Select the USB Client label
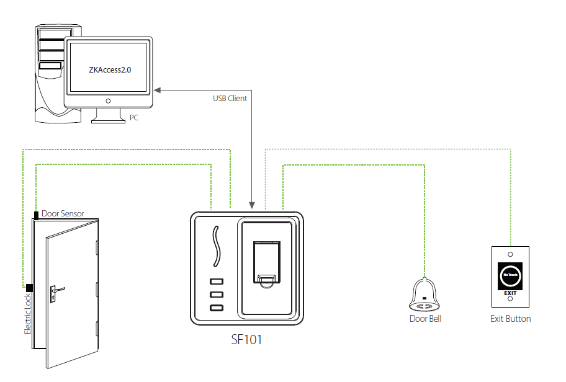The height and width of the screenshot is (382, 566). point(230,99)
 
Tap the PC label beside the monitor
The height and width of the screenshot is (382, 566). point(134,117)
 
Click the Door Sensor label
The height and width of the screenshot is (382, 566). point(63,214)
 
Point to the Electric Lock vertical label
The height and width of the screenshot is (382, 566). point(27,313)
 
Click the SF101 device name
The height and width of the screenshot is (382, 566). point(246,340)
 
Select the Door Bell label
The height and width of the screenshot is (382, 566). point(425,319)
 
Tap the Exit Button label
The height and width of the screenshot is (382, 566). point(510,319)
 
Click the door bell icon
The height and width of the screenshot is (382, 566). point(425,295)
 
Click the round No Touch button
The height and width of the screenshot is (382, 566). point(510,273)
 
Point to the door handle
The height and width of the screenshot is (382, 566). point(57,289)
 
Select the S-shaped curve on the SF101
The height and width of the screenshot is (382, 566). point(217,244)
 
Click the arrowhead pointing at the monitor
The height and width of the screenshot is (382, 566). point(158,91)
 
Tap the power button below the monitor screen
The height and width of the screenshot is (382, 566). point(109,100)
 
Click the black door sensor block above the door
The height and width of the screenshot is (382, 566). point(37,215)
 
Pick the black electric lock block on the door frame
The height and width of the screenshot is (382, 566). point(29,288)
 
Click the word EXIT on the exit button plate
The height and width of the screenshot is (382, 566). point(510,293)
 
